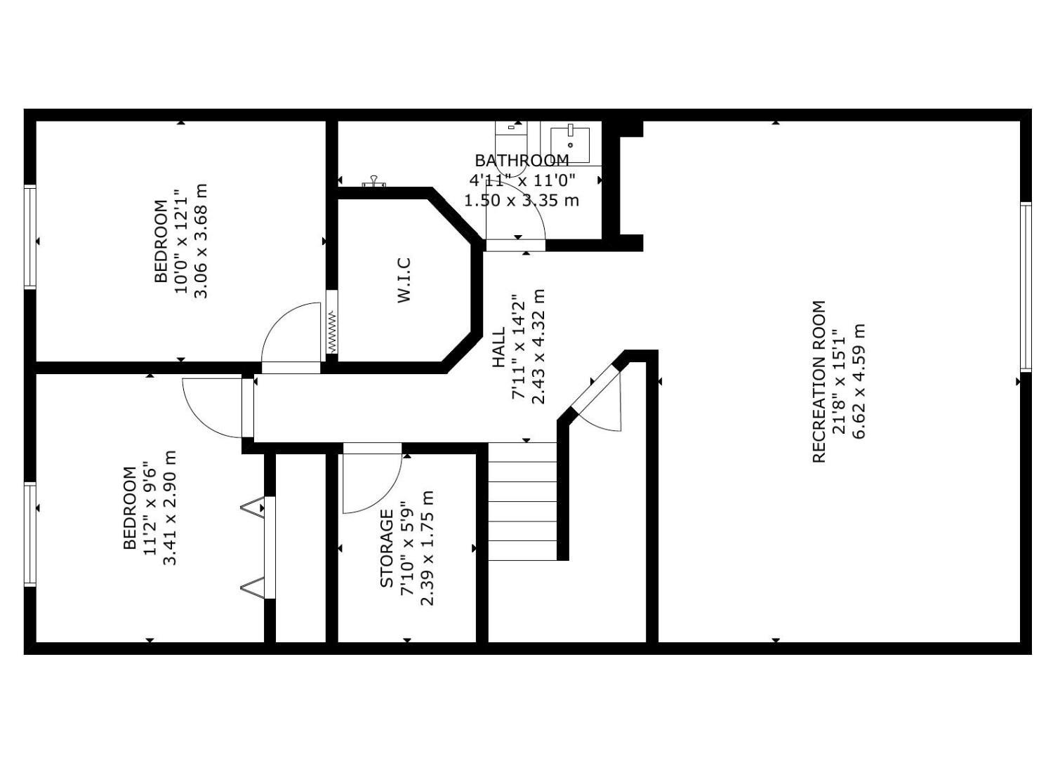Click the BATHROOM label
(522, 161)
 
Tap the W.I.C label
(404, 280)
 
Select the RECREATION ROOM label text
(819, 382)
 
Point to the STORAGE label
(386, 548)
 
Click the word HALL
(498, 347)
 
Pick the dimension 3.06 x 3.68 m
(201, 241)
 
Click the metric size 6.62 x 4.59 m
(859, 381)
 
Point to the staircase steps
(522, 501)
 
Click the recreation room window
(1025, 286)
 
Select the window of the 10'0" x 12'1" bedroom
(30, 237)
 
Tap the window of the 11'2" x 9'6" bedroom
(30, 534)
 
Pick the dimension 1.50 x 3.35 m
(522, 201)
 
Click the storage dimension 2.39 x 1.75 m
(427, 548)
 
